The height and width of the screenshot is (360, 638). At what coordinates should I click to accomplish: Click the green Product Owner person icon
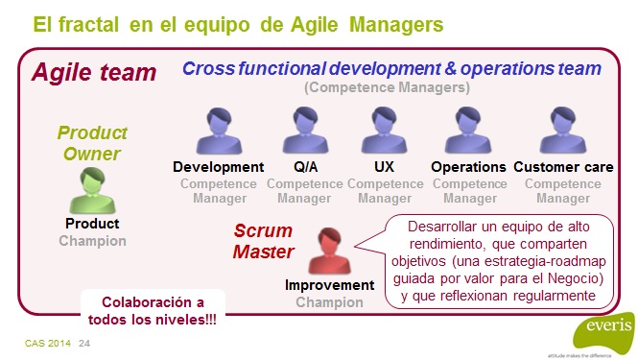[91, 190]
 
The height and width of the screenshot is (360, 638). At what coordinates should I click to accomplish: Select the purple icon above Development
[218, 133]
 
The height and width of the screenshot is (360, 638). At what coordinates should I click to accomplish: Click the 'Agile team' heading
[94, 72]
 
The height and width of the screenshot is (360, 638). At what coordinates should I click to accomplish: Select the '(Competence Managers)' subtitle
[387, 88]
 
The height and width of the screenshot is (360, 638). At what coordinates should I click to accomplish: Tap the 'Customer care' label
[563, 167]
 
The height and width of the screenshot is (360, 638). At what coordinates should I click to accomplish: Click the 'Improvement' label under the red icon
[329, 285]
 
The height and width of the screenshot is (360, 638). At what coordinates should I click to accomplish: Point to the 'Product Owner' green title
[92, 143]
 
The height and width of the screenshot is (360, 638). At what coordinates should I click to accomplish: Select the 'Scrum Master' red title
[265, 242]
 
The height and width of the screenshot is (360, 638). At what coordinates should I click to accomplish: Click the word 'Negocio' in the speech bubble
[572, 279]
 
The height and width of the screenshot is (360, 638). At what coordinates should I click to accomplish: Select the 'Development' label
[218, 167]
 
